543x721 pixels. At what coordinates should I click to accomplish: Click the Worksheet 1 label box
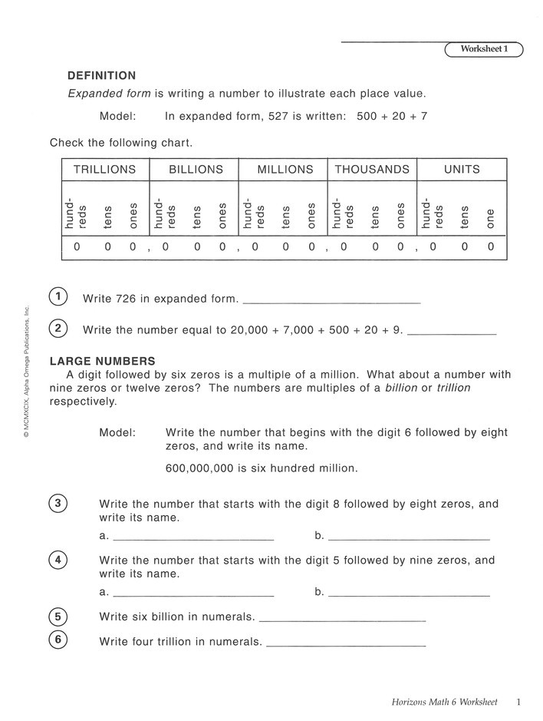(x=484, y=49)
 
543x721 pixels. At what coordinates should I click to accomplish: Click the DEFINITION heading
(x=102, y=76)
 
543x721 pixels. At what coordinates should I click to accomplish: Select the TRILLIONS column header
(x=104, y=170)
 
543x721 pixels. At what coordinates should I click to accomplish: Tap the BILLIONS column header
(x=196, y=170)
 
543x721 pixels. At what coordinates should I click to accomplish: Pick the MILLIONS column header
(x=285, y=170)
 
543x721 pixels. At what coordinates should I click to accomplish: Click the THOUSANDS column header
(x=372, y=170)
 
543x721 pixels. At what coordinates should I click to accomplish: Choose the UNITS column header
(x=462, y=170)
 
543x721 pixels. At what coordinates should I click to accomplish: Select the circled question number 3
(x=58, y=504)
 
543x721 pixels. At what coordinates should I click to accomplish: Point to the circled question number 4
(x=58, y=560)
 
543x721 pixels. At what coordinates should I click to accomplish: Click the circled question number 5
(x=58, y=617)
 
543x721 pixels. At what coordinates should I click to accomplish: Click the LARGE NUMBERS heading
(x=102, y=361)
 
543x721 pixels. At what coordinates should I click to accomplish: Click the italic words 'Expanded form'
(x=110, y=94)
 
